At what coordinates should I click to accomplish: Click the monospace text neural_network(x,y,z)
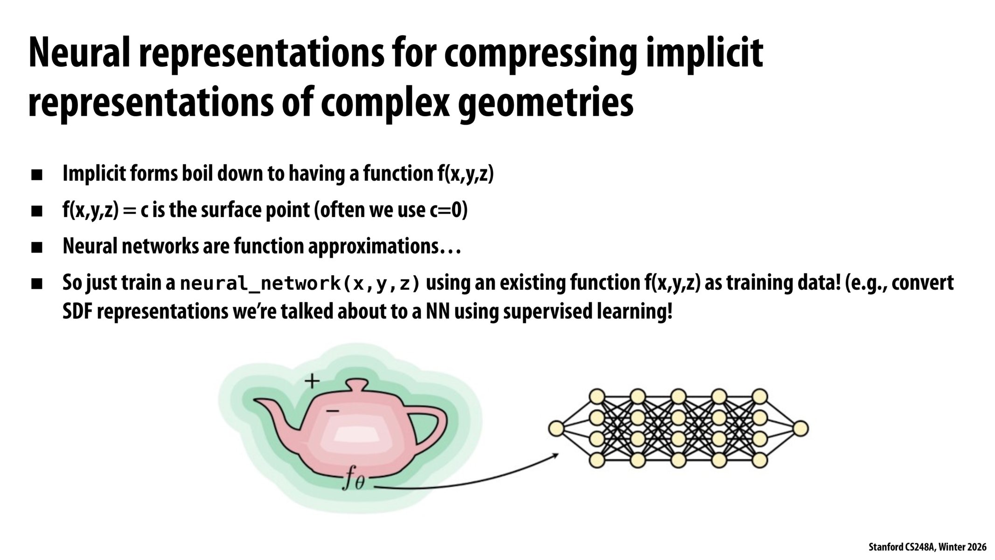300,284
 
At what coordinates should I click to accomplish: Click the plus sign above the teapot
312,381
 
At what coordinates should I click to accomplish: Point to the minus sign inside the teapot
333,411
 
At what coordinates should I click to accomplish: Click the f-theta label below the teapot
353,480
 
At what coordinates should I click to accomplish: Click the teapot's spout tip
257,402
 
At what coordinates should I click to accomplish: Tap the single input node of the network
556,428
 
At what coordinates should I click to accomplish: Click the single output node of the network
800,428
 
